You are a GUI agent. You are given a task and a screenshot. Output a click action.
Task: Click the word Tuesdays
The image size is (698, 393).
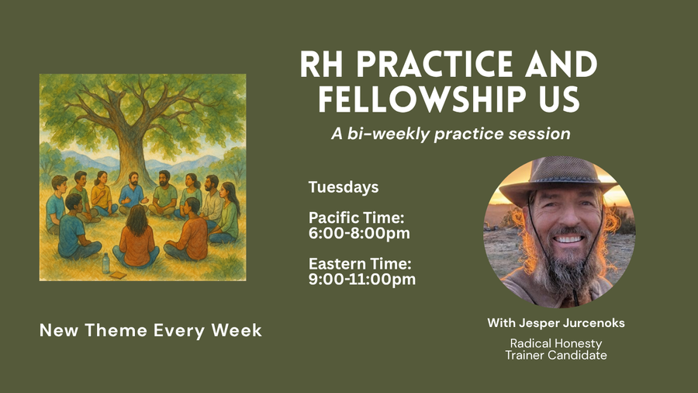coord(344,187)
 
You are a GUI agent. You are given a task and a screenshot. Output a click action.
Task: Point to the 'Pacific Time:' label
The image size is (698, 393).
coord(357,217)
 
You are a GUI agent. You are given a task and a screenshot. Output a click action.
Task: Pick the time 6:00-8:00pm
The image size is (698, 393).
coord(359,232)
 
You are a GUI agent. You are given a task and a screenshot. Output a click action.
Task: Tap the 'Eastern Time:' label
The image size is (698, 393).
coord(359,263)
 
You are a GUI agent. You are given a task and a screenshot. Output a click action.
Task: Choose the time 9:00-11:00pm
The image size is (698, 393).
coord(362,278)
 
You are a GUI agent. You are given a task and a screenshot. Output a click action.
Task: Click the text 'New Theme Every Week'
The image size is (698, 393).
coord(150,330)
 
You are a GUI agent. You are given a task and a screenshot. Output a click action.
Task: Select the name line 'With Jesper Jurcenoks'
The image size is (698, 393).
coord(555,322)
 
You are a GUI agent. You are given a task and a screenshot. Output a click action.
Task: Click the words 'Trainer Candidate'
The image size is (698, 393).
coord(555,355)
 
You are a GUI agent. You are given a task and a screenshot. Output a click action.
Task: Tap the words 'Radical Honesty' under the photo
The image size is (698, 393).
coord(555,343)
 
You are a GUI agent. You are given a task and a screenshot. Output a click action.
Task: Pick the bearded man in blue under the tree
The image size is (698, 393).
coord(133,193)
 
